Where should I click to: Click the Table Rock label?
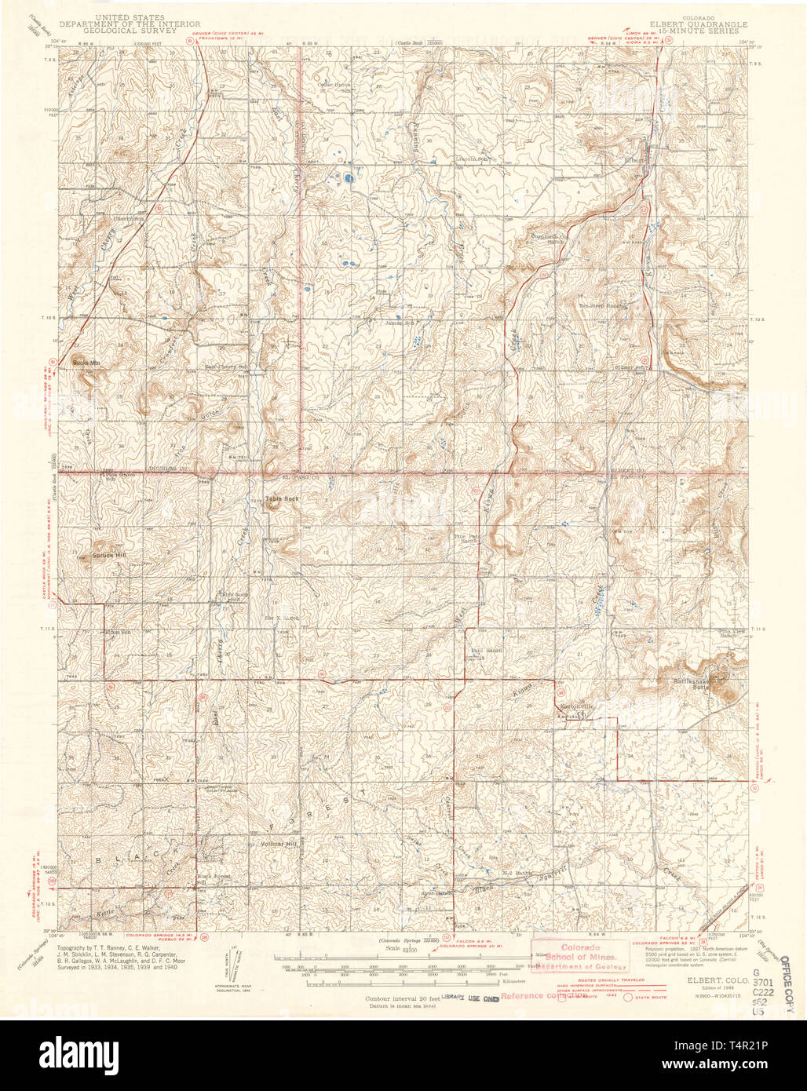pos(276,498)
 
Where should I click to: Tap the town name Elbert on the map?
pos(634,161)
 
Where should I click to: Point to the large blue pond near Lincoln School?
pos(347,178)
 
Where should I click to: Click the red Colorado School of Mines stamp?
pos(579,955)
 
